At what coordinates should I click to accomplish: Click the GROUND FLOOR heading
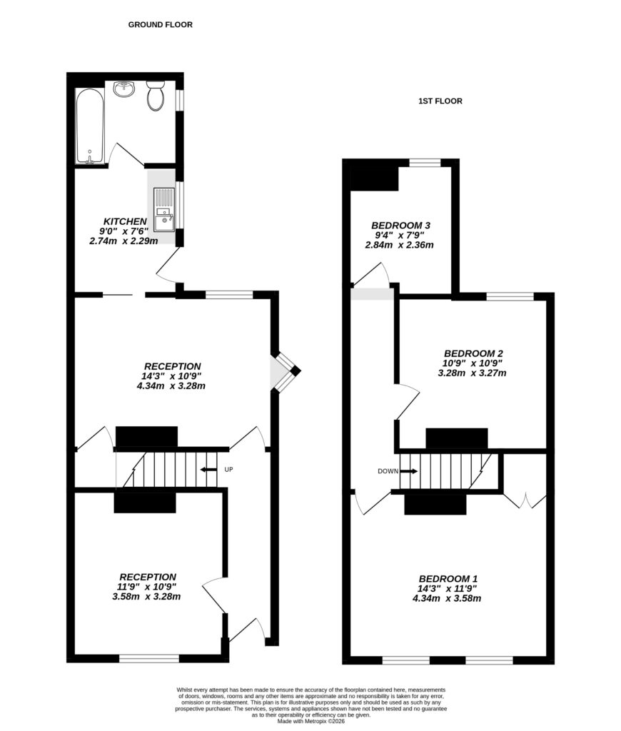tap(160, 24)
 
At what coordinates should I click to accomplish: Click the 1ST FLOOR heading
tap(440, 101)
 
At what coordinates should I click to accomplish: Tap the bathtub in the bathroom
tap(90, 126)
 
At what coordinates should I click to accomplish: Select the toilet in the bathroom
tap(155, 96)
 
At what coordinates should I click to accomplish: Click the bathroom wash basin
tap(124, 89)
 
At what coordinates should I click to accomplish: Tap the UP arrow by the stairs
tap(209, 469)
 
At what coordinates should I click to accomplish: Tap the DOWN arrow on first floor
tap(409, 471)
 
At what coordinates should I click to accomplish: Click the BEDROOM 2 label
tap(473, 353)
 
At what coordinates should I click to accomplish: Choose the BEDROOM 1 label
tap(448, 578)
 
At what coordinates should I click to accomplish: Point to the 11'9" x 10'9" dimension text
tap(146, 587)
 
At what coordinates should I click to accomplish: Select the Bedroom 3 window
tap(425, 163)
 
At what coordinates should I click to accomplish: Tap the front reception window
tap(148, 658)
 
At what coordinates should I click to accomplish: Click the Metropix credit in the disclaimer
tap(310, 722)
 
